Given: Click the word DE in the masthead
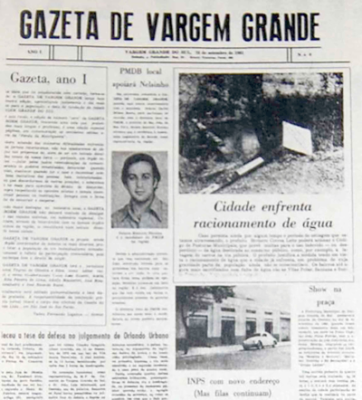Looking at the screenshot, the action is tap(131, 24).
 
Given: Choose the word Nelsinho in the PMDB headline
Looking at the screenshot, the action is tap(141, 80).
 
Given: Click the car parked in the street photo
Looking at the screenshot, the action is tap(259, 339).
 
